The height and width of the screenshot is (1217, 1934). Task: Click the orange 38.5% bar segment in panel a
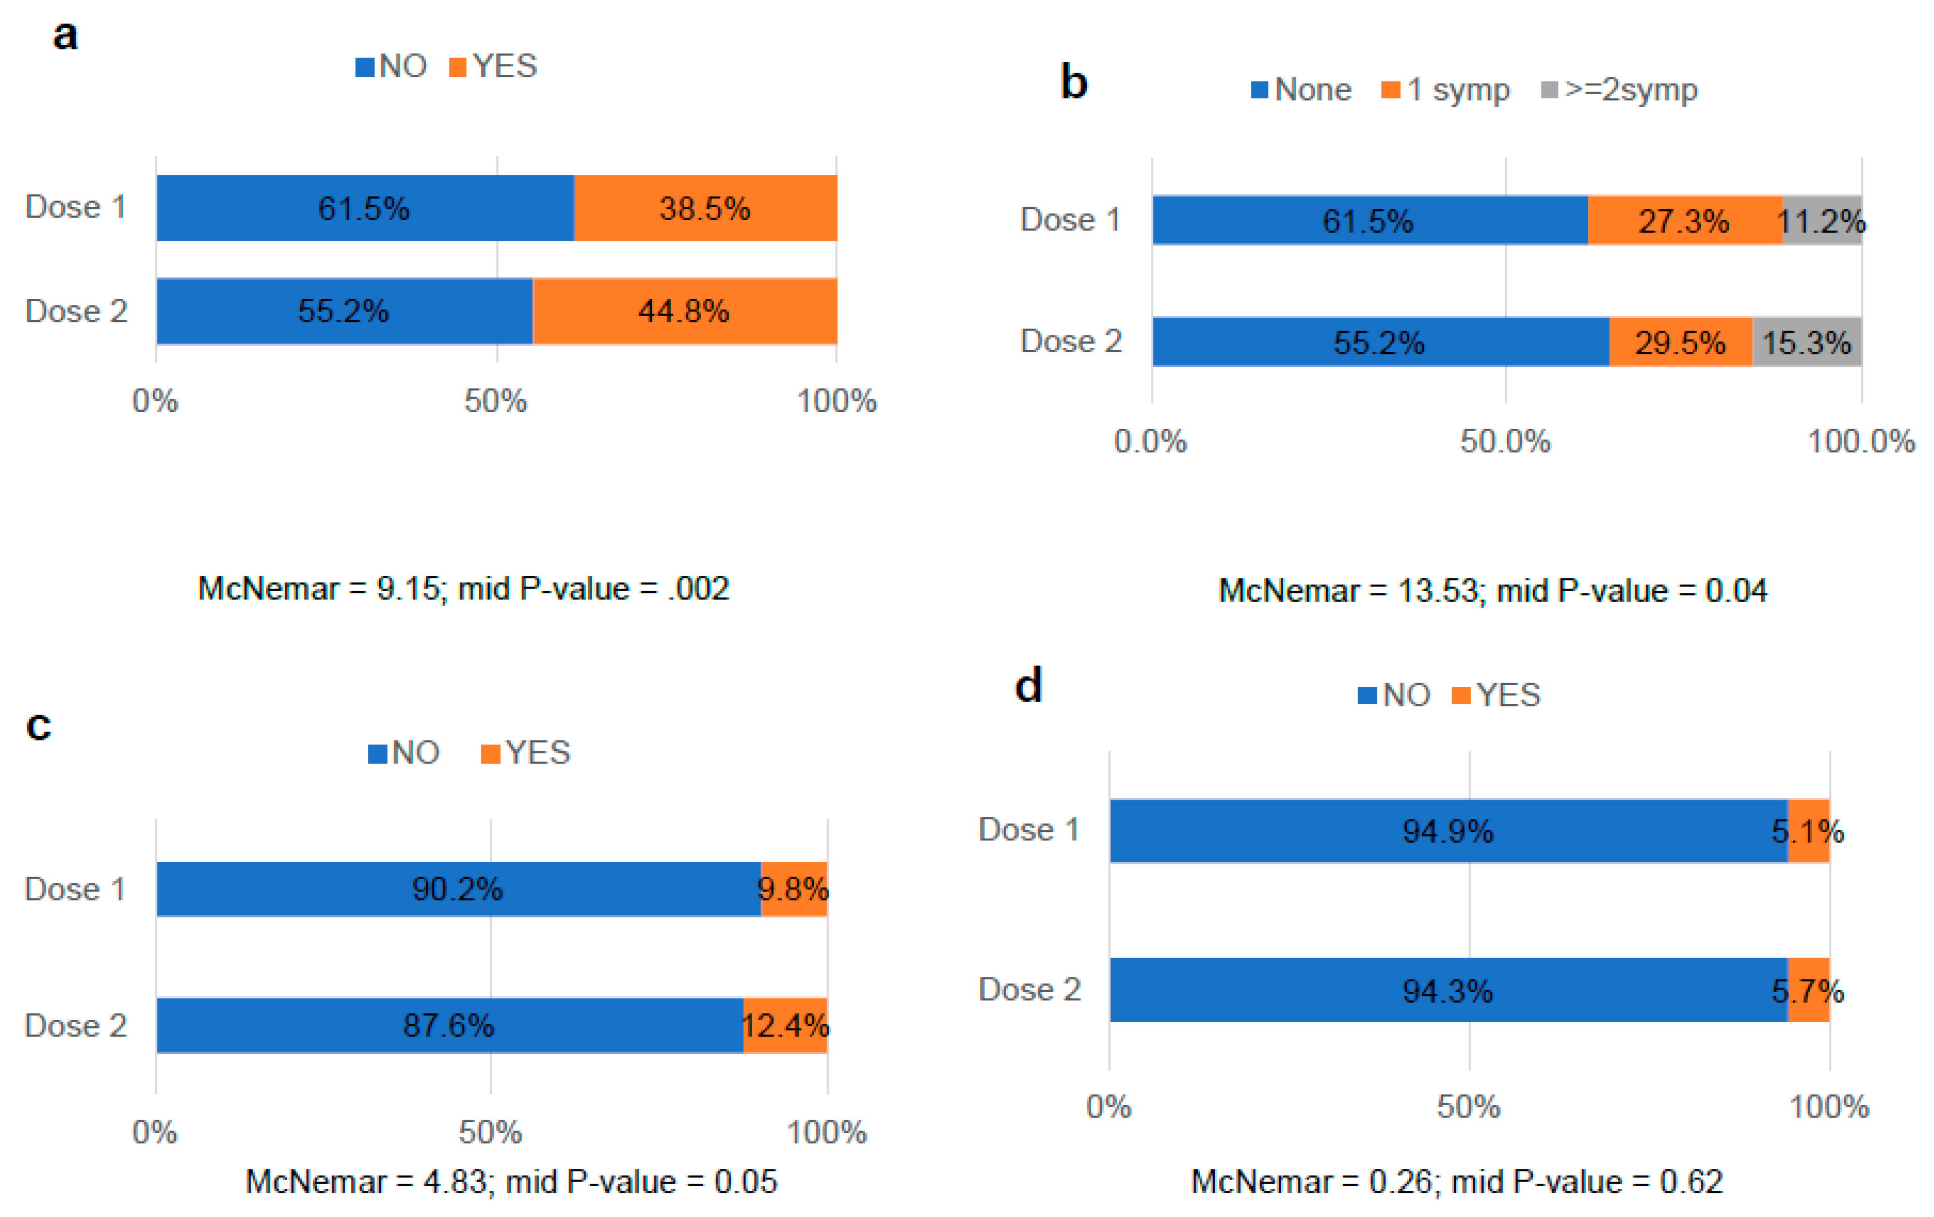click(705, 208)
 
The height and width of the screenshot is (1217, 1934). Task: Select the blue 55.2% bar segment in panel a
click(344, 311)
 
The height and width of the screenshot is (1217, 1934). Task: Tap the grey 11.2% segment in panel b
click(1822, 220)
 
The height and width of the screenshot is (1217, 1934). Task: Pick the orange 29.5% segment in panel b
click(1680, 342)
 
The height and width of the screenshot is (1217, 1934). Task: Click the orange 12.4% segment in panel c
click(785, 1025)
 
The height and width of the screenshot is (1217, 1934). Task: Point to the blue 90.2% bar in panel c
click(458, 888)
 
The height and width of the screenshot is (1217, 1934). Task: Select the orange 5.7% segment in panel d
click(1808, 990)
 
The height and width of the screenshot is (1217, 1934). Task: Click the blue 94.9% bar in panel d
click(1447, 831)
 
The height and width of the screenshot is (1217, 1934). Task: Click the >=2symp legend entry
click(1620, 89)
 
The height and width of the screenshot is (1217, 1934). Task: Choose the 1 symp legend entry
click(1446, 89)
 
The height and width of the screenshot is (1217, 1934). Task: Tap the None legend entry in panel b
click(1301, 89)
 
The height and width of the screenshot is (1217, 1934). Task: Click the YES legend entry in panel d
click(1497, 695)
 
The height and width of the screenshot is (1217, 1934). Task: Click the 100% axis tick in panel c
click(827, 1132)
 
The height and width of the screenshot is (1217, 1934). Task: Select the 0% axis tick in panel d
click(1109, 1106)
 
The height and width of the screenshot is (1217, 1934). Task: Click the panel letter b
click(1074, 83)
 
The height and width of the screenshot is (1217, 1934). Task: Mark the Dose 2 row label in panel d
click(1030, 989)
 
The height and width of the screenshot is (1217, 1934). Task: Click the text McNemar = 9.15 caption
click(463, 589)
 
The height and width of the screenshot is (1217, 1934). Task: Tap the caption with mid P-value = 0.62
click(1456, 1181)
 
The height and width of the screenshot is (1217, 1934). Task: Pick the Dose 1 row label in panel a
click(76, 207)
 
